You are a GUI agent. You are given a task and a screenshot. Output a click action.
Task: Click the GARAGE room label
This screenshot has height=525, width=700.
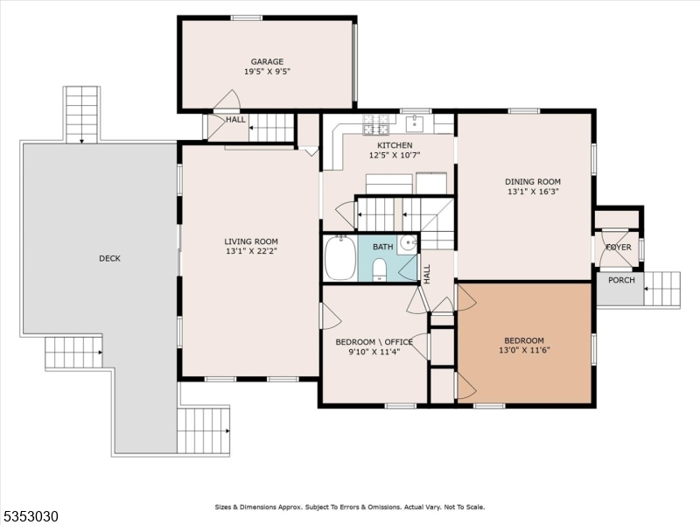267,61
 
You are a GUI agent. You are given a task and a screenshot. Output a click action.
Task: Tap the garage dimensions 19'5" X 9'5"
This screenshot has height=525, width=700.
267,72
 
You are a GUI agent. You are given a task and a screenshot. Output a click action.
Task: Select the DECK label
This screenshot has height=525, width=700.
109,258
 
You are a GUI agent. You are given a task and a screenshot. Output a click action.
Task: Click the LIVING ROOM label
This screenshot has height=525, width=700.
250,241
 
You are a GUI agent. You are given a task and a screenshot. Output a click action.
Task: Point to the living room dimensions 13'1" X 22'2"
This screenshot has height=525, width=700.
250,253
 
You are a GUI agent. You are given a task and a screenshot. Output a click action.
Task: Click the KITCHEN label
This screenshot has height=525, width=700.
394,145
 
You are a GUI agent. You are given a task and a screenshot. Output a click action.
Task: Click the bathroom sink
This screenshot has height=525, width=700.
408,243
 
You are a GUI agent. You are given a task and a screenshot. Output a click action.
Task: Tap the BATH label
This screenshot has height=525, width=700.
382,248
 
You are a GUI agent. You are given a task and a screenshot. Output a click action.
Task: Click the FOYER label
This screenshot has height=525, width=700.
619,248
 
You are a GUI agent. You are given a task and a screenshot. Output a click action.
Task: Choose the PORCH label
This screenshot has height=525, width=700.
621,281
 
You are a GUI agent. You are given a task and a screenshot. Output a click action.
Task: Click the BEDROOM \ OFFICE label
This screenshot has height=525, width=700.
374,342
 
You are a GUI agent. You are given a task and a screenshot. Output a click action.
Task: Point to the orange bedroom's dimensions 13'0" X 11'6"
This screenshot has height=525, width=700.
524,352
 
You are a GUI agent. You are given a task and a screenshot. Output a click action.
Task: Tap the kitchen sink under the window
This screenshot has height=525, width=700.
416,122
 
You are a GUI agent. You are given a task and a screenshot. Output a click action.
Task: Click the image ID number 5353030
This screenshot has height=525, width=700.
31,516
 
